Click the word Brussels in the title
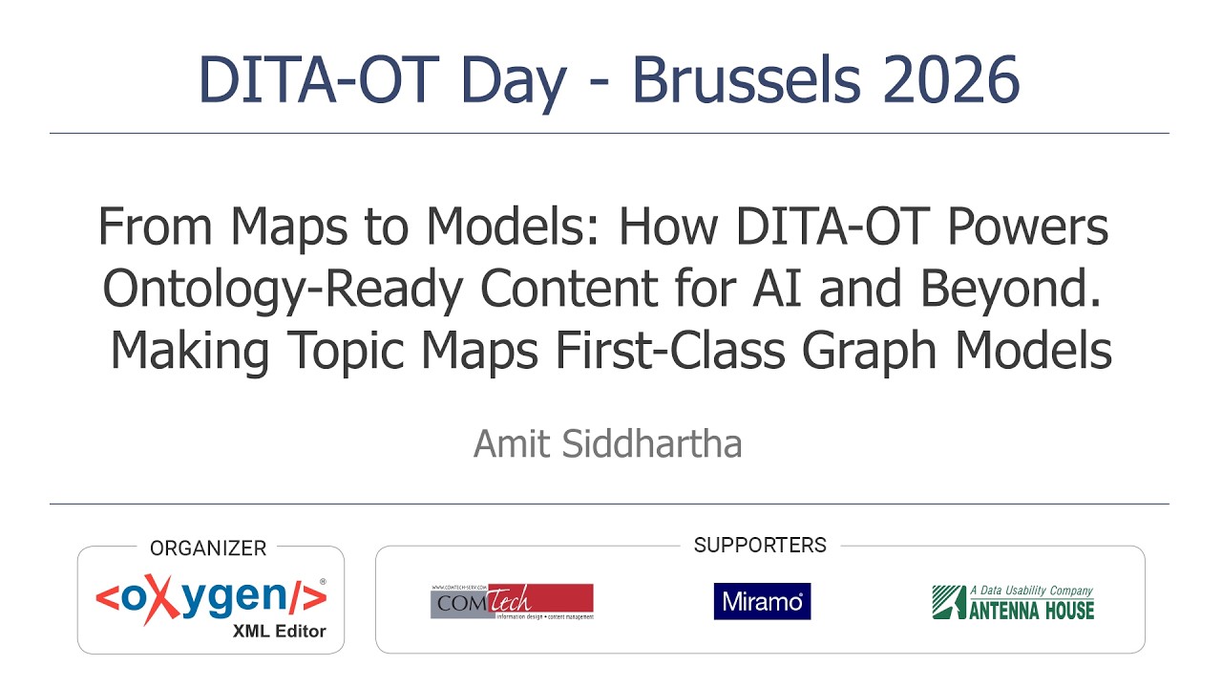pos(748,80)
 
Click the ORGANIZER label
pos(208,548)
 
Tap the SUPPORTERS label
pos(760,546)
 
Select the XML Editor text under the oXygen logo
pos(279,632)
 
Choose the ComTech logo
pos(512,601)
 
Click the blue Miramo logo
pos(762,601)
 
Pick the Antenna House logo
pos(1013,602)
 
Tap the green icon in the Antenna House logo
pos(948,602)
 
